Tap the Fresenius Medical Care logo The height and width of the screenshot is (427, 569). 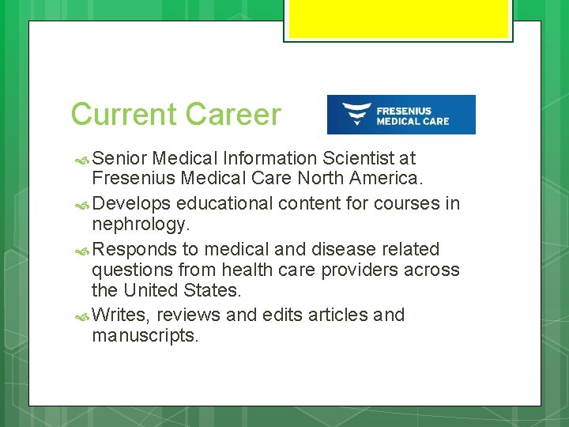(x=401, y=115)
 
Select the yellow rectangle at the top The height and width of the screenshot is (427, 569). (x=398, y=20)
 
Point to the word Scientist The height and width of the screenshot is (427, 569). (x=363, y=159)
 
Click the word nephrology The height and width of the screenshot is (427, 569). (x=139, y=224)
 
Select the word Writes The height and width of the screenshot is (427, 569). (x=119, y=316)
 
